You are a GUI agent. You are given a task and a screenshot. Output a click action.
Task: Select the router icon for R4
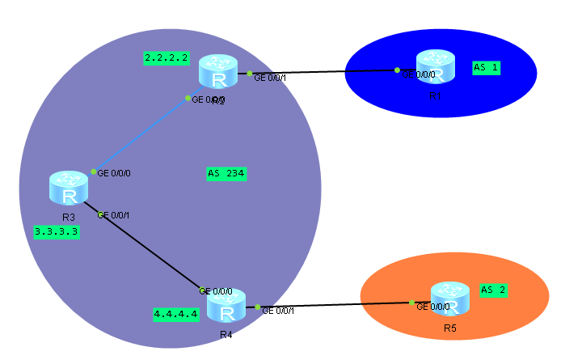click(x=226, y=308)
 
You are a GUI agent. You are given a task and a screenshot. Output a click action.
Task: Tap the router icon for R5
click(x=450, y=299)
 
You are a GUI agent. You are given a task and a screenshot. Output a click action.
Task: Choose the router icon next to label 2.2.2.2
click(x=217, y=72)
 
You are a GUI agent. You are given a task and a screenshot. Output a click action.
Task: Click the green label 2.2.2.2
click(x=166, y=58)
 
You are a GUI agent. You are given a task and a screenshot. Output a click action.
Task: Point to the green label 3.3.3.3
click(x=57, y=231)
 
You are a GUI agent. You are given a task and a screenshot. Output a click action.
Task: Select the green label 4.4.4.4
click(x=175, y=314)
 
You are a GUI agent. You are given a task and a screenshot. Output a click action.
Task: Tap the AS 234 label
click(x=226, y=173)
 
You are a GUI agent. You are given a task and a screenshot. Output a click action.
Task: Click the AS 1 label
click(x=486, y=68)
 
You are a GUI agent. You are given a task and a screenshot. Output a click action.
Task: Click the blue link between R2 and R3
click(x=141, y=134)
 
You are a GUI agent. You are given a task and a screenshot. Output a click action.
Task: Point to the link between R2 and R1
click(x=323, y=72)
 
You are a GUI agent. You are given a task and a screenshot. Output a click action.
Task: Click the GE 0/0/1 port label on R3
click(x=114, y=215)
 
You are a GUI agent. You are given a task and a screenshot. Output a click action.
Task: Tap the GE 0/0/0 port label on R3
click(x=113, y=172)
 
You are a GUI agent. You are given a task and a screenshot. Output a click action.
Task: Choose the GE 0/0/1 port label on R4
click(x=278, y=310)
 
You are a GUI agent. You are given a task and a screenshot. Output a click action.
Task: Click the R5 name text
click(x=450, y=328)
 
